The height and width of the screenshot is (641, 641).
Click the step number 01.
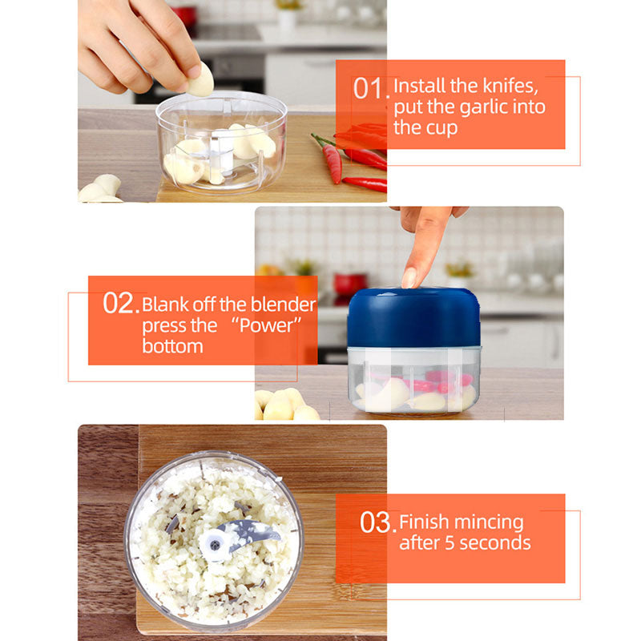pos(371,88)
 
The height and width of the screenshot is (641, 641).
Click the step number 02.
pos(120,304)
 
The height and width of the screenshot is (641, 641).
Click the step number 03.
pos(376,523)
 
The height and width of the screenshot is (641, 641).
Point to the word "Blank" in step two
pos(166,304)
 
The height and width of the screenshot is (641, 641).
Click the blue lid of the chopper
pos(413,317)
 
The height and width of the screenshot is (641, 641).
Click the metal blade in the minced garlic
pos(249,531)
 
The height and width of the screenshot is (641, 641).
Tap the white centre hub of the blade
pos(215,546)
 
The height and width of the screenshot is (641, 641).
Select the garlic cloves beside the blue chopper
pos(284,405)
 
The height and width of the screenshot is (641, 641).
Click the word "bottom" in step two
pos(172,346)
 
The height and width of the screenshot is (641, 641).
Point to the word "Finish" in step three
pos(424,522)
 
